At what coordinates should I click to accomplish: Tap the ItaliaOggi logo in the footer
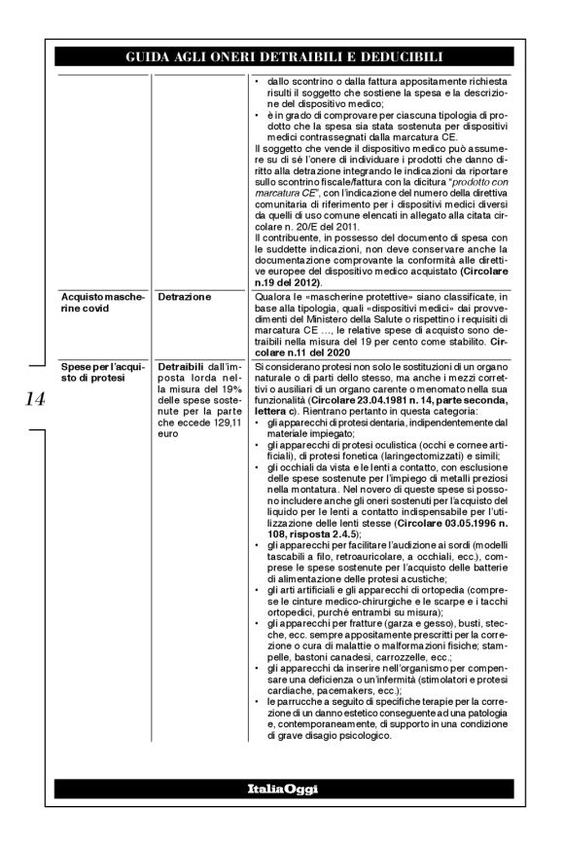(x=281, y=786)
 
